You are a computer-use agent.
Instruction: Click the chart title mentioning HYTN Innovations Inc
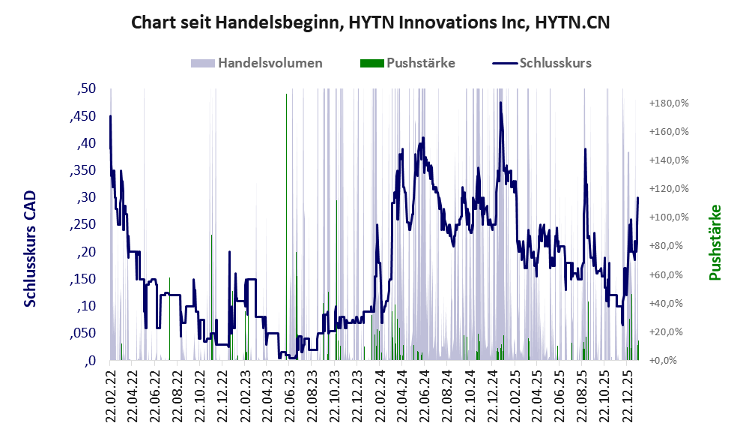click(x=371, y=22)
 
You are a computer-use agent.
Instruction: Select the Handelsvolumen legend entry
click(x=270, y=63)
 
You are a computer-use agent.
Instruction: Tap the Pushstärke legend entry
click(x=419, y=63)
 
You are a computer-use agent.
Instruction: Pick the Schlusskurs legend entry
click(x=555, y=63)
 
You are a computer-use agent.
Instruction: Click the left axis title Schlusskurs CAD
click(x=30, y=249)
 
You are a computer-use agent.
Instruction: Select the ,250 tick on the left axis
click(x=82, y=224)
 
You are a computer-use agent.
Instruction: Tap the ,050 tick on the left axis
click(x=82, y=333)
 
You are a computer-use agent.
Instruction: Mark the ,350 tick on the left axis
click(x=82, y=170)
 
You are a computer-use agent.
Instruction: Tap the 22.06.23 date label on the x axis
click(x=289, y=393)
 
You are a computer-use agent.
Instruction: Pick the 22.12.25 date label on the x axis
click(x=627, y=393)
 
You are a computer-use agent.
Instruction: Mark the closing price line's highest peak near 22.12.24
click(x=500, y=103)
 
